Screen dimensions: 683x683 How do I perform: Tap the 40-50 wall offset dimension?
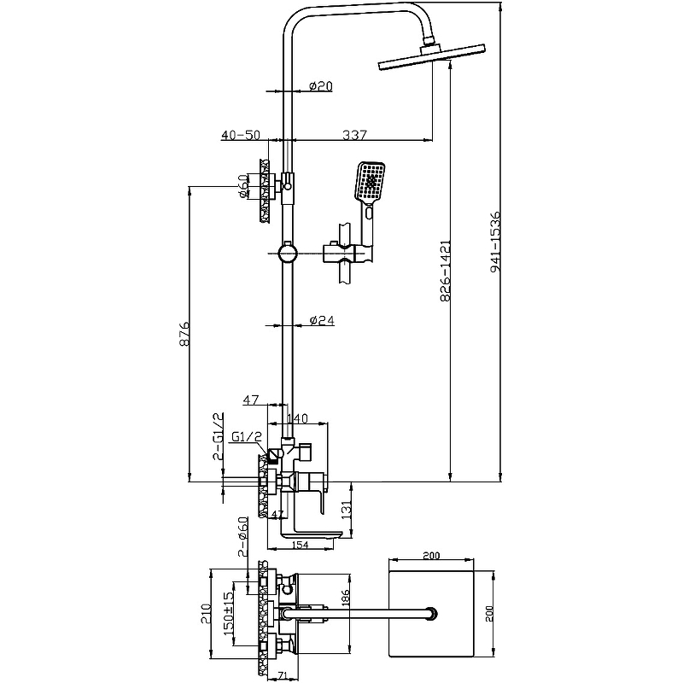click(240, 134)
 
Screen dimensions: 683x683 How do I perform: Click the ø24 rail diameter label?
click(320, 321)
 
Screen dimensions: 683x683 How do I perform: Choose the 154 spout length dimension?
click(300, 546)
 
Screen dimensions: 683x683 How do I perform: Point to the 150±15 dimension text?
click(227, 611)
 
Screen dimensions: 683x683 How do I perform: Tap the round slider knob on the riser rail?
click(287, 254)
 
